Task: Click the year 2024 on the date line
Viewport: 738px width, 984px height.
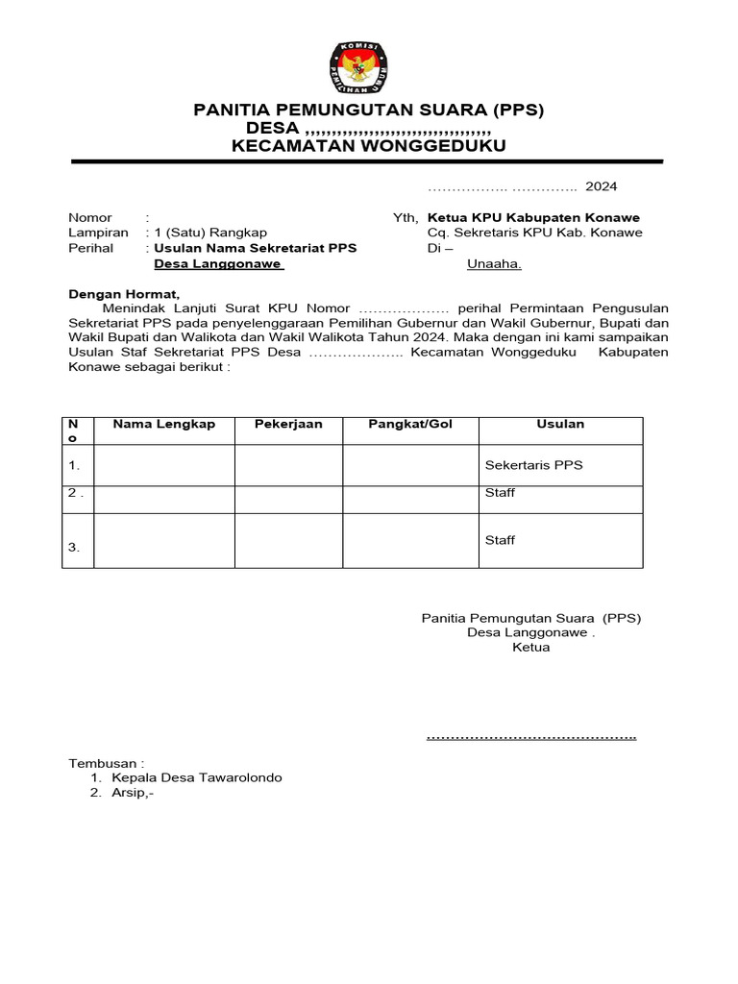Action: click(x=602, y=186)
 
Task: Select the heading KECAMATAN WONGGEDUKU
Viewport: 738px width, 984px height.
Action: click(x=368, y=146)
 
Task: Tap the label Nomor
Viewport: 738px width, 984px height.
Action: click(x=90, y=218)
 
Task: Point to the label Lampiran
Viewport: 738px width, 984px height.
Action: click(x=98, y=233)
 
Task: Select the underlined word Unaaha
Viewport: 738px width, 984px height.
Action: click(x=494, y=263)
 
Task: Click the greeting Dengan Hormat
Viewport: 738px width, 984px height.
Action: click(x=123, y=294)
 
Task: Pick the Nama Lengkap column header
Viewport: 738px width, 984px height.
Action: click(x=163, y=425)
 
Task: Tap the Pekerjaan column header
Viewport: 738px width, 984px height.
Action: click(x=288, y=425)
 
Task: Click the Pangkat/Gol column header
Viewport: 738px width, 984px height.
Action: click(x=410, y=425)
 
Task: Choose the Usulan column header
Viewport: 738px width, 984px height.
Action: click(x=560, y=425)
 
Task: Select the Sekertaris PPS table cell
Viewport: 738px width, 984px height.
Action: click(x=534, y=465)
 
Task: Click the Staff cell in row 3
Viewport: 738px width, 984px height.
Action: click(x=500, y=540)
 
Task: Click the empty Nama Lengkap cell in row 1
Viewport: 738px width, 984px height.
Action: click(x=163, y=465)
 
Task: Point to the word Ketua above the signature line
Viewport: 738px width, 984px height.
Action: click(x=531, y=648)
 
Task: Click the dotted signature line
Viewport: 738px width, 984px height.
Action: click(x=531, y=737)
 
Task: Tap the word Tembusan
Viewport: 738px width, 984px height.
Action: click(x=106, y=763)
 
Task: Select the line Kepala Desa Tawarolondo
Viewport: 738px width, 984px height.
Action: click(x=196, y=778)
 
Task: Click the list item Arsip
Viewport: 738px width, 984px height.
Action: click(x=132, y=794)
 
